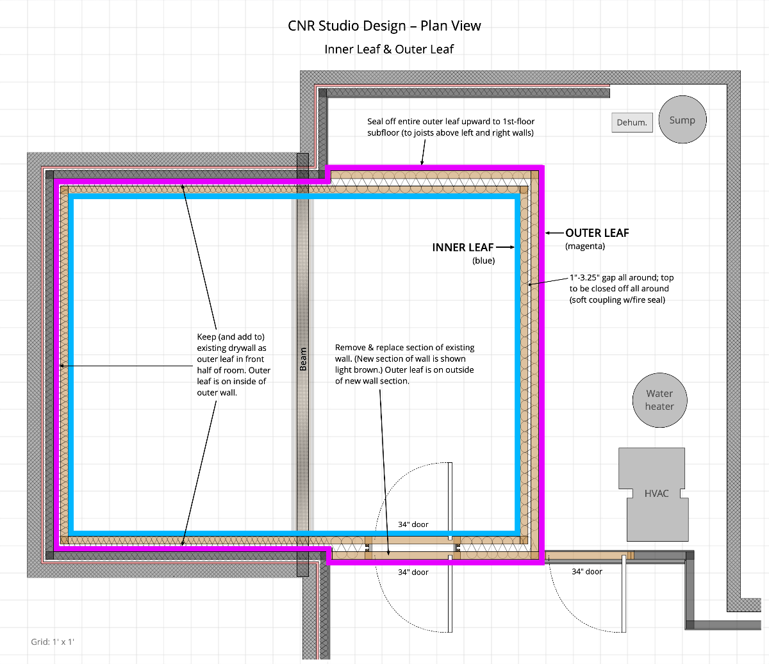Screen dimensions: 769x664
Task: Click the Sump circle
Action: pos(682,119)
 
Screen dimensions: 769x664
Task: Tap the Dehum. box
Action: pos(632,122)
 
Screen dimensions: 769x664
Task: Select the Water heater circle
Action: pos(659,400)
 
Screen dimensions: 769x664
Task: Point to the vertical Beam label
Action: pos(303,359)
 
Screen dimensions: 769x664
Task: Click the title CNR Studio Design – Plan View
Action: pos(384,26)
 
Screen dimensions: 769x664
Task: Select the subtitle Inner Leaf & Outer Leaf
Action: pos(389,49)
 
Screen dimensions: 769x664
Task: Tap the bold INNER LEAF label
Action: pos(463,247)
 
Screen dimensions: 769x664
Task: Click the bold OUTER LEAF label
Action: pos(597,232)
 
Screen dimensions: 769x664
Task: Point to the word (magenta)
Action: pos(585,246)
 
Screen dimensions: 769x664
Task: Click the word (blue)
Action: pos(483,261)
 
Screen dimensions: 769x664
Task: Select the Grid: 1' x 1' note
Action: pos(53,642)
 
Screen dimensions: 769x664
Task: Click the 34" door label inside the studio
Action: pos(413,524)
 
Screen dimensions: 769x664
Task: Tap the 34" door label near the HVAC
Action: pos(587,571)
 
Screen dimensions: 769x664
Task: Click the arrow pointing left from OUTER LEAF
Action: pos(554,233)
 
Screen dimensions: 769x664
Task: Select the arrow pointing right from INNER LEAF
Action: pos(505,247)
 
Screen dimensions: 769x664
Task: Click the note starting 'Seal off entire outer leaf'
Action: pos(451,127)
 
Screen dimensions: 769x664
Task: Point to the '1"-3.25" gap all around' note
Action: pos(622,289)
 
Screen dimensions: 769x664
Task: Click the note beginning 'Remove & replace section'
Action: pos(405,364)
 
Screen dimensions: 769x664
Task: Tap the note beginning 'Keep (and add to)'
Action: pos(233,364)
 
